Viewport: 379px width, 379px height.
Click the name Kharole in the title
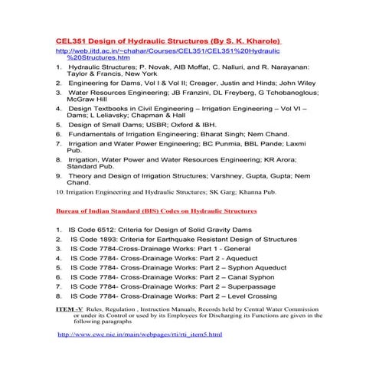point(260,39)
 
